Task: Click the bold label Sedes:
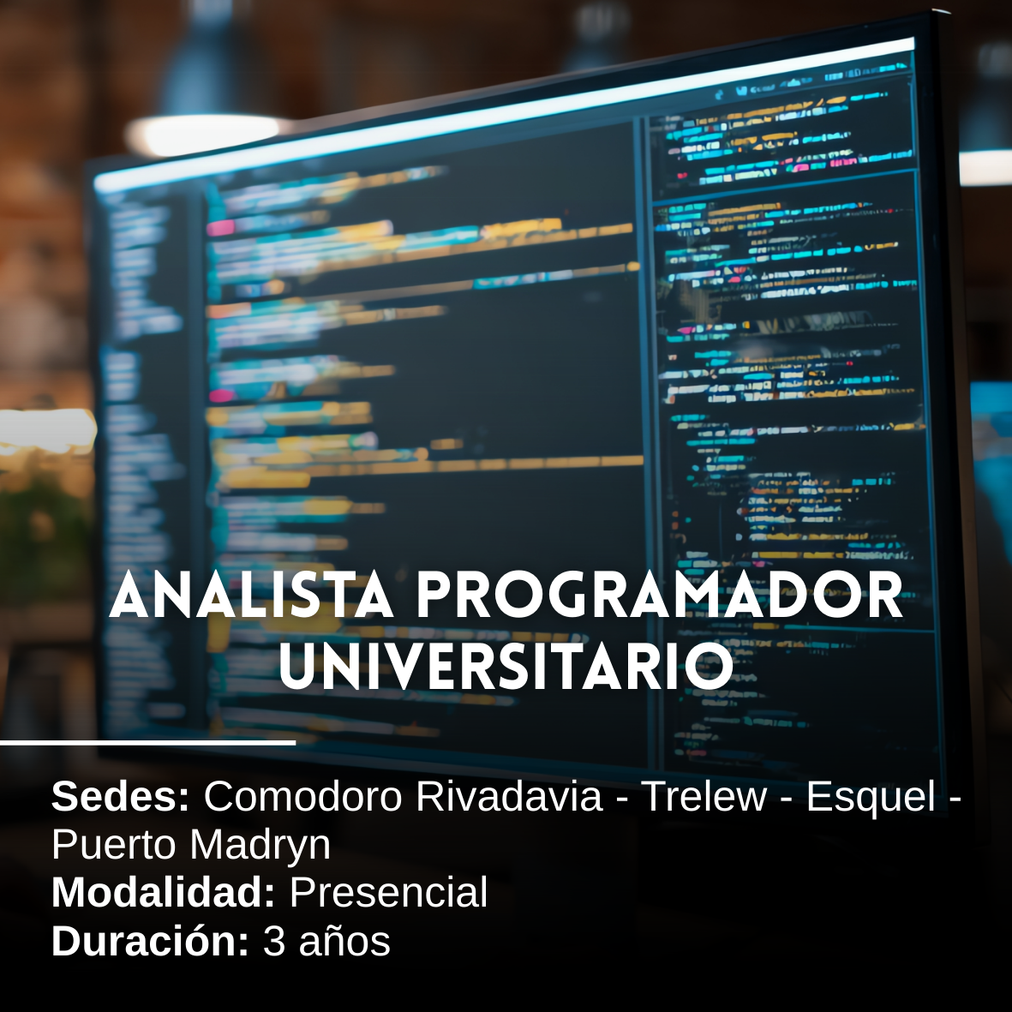pyautogui.click(x=120, y=797)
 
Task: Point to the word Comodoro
pyautogui.click(x=302, y=797)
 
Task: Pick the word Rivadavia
pyautogui.click(x=509, y=797)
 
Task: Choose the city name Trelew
pyautogui.click(x=704, y=797)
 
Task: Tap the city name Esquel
pyautogui.click(x=871, y=797)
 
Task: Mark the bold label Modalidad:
pyautogui.click(x=163, y=893)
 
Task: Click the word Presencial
pyautogui.click(x=388, y=893)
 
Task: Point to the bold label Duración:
pyautogui.click(x=150, y=941)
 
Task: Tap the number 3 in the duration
pyautogui.click(x=273, y=941)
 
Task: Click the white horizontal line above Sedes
pyautogui.click(x=147, y=742)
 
